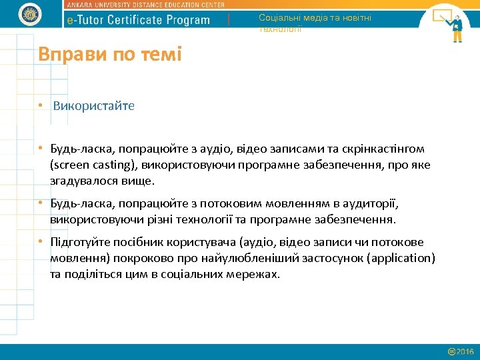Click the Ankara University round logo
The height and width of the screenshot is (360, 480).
pos(30,13)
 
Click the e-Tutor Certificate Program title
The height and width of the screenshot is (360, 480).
pos(139,20)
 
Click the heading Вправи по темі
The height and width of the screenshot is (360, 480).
pos(110,54)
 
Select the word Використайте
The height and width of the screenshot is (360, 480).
pos(93,106)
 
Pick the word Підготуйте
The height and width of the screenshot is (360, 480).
pos(79,242)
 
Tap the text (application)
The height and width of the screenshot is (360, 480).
pos(396,258)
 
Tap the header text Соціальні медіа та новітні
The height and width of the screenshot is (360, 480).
pos(315,18)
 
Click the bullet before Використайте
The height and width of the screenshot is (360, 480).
pos(41,106)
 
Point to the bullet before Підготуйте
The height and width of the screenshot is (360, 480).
pos(41,242)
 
